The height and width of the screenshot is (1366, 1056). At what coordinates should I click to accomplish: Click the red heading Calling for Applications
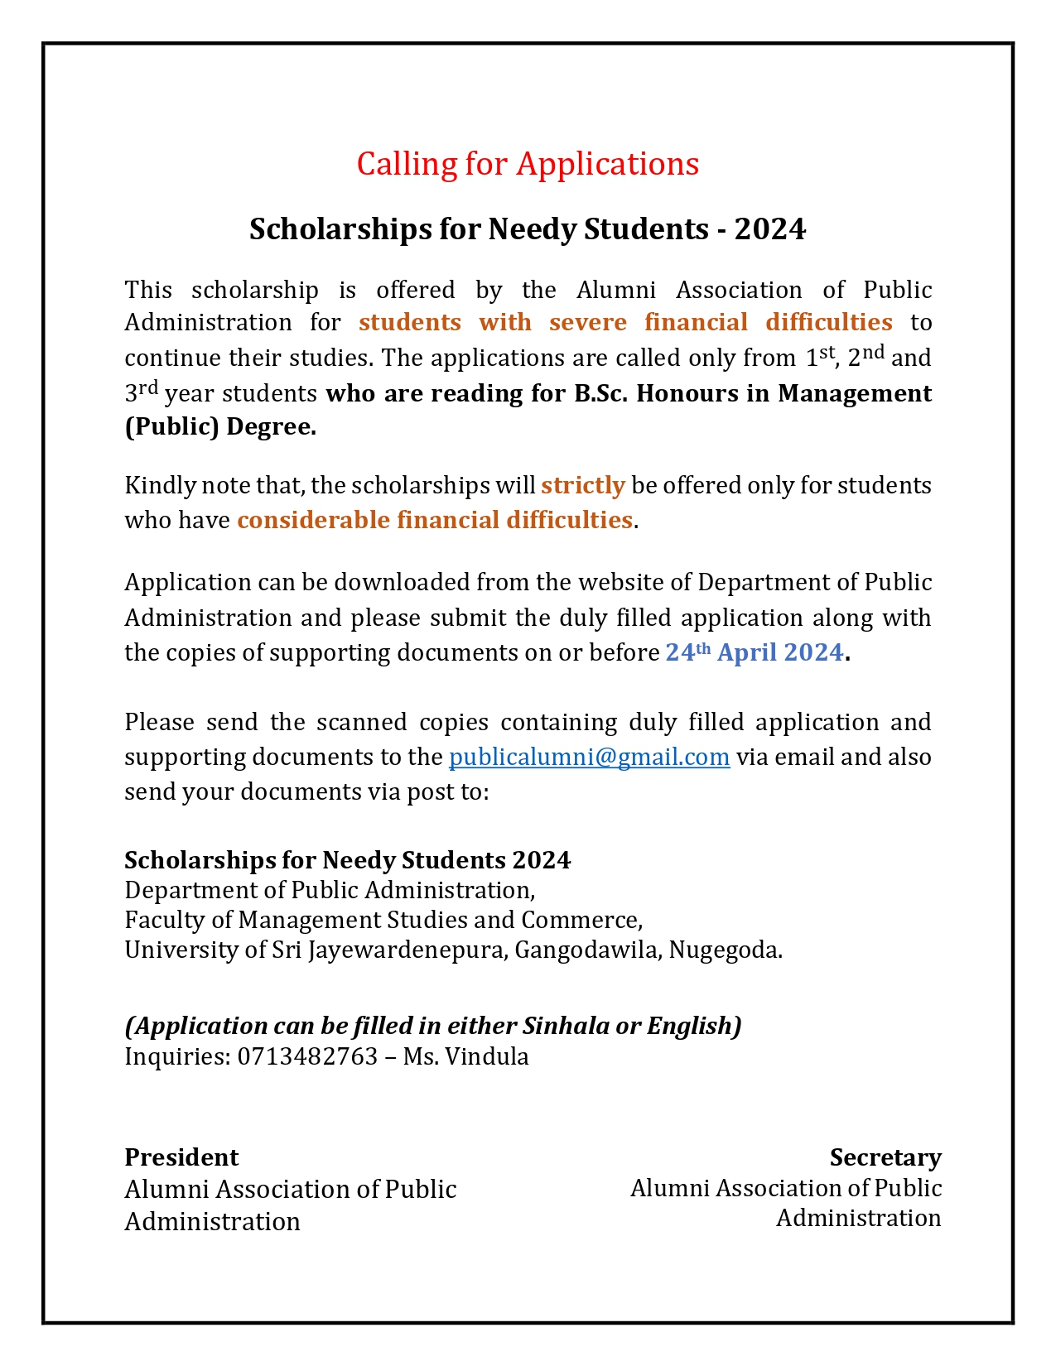[x=528, y=164]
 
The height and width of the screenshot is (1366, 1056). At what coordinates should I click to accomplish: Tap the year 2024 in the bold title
[x=769, y=229]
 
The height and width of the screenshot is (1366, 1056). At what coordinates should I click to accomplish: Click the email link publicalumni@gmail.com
[x=589, y=758]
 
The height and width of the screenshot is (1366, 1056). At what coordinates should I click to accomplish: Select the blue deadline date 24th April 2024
[x=755, y=652]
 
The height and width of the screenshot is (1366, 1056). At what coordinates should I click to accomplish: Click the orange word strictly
[x=582, y=485]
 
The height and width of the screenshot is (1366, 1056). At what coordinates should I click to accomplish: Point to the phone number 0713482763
[x=307, y=1056]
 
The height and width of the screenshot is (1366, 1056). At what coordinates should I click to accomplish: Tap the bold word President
[x=181, y=1157]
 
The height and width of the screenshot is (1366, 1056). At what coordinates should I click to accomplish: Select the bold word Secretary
[x=885, y=1157]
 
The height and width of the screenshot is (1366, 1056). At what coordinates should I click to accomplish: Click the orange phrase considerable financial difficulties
[x=435, y=520]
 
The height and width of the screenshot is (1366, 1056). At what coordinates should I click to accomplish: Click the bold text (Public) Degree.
[x=220, y=427]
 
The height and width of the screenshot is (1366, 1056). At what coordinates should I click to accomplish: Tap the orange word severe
[x=588, y=322]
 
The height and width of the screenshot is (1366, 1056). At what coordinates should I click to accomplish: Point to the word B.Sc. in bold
[x=601, y=392]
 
